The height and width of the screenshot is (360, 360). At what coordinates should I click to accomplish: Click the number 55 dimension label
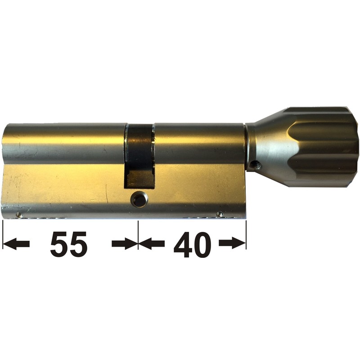coord(68,244)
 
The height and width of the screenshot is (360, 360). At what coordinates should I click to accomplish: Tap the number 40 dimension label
coord(192,244)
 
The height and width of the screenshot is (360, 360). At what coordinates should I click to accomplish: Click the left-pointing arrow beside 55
coord(18,244)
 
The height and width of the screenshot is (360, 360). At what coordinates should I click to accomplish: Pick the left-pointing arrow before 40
coord(152,244)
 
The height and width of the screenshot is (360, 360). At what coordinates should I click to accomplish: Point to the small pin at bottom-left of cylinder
coord(19,215)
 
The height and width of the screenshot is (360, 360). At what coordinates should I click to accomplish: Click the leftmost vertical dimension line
coord(3,234)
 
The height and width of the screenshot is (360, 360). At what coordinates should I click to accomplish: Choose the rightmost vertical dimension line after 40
coord(246,234)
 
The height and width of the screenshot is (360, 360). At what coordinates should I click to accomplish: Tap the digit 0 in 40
coord(202,244)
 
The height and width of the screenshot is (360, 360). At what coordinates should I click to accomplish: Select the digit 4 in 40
coord(182,244)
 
